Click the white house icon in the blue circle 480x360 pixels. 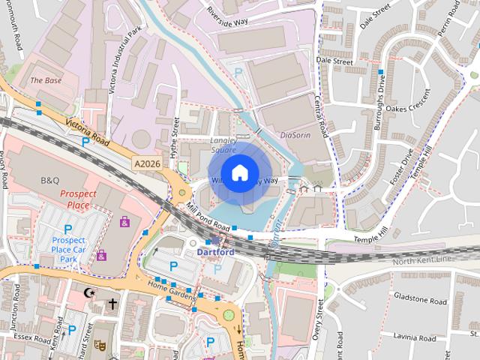click(x=238, y=173)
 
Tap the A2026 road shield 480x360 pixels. click(x=148, y=163)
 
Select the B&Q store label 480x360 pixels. click(x=50, y=181)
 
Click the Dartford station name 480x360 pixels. click(x=215, y=252)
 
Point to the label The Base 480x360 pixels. click(x=46, y=80)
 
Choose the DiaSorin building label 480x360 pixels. click(x=294, y=136)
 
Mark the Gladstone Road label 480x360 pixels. click(x=421, y=301)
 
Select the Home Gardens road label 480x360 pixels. click(x=167, y=285)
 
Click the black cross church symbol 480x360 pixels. click(x=112, y=304)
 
